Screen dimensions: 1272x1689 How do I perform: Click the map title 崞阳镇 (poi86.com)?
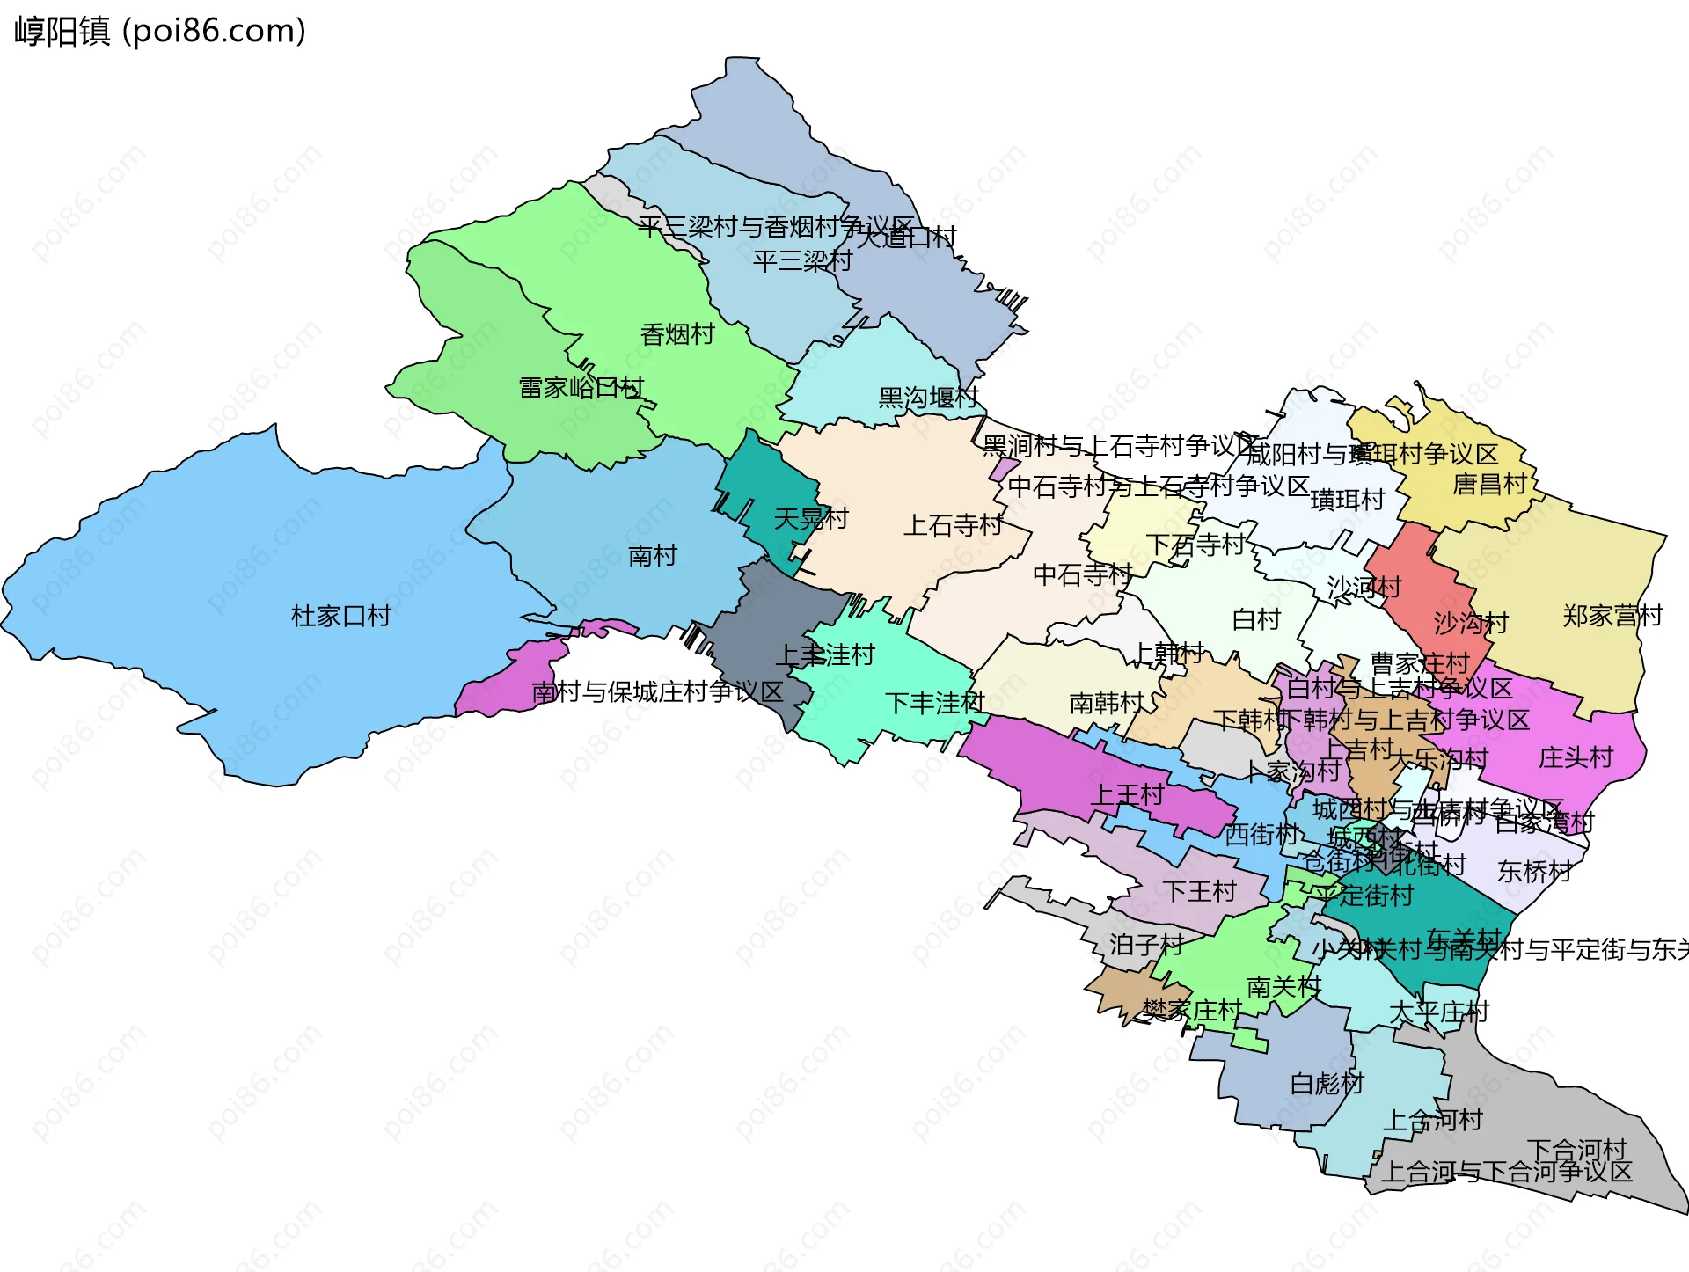click(160, 32)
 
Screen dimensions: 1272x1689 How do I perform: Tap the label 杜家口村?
click(340, 616)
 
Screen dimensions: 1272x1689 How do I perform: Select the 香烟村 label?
click(676, 334)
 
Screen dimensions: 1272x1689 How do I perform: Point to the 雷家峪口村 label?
click(581, 388)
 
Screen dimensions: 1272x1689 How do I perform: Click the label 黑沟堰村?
click(928, 398)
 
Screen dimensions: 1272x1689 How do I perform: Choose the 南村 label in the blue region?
click(652, 556)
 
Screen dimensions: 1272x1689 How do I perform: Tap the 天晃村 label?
click(810, 519)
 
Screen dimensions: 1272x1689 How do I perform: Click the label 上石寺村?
click(953, 525)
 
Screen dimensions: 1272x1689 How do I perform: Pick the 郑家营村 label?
click(1612, 616)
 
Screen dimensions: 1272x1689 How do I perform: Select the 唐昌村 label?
click(1488, 484)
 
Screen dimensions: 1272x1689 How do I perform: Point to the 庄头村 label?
click(1575, 757)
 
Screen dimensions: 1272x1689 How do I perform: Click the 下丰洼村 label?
click(934, 703)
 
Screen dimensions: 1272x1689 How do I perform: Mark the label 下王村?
click(1199, 892)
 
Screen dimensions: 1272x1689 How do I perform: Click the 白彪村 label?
click(1326, 1084)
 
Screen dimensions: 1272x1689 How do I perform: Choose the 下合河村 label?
click(1576, 1149)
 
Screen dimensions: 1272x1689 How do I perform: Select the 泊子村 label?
click(1145, 945)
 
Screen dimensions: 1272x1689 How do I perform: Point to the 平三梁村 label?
click(801, 260)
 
